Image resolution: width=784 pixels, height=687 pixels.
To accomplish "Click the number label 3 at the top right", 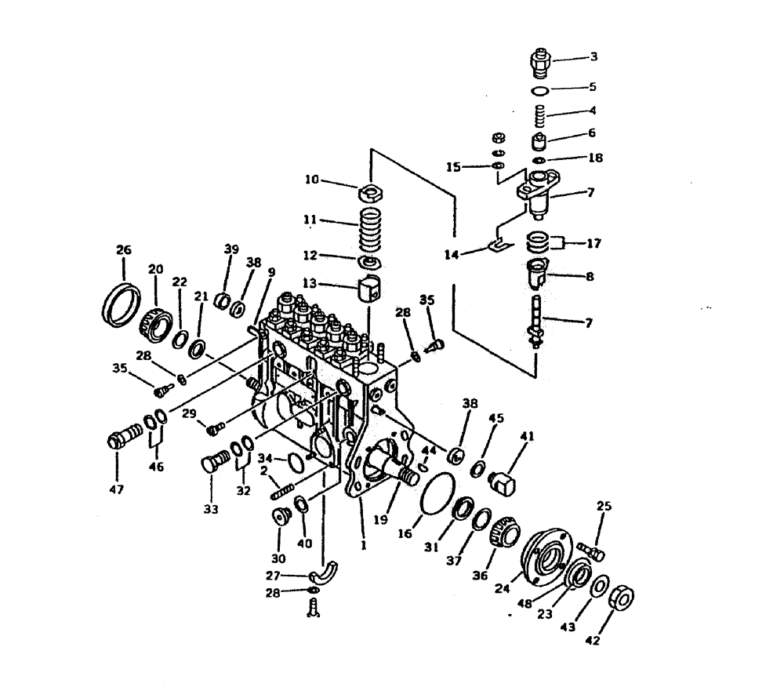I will tap(593, 56).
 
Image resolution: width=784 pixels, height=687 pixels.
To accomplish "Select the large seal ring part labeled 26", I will tap(122, 303).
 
